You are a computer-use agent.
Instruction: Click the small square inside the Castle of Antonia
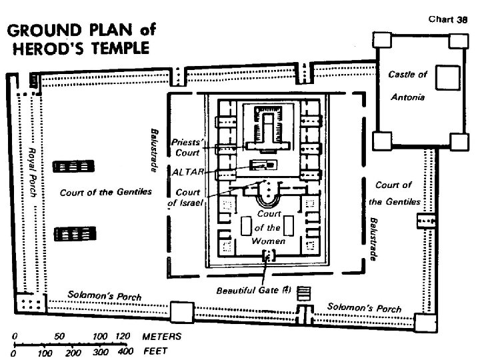445,77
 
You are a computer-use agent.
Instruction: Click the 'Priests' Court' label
186,147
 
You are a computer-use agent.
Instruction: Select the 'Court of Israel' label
189,198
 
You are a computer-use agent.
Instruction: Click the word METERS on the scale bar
158,337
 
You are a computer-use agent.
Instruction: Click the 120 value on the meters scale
121,337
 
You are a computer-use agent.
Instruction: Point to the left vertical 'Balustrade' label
154,151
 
